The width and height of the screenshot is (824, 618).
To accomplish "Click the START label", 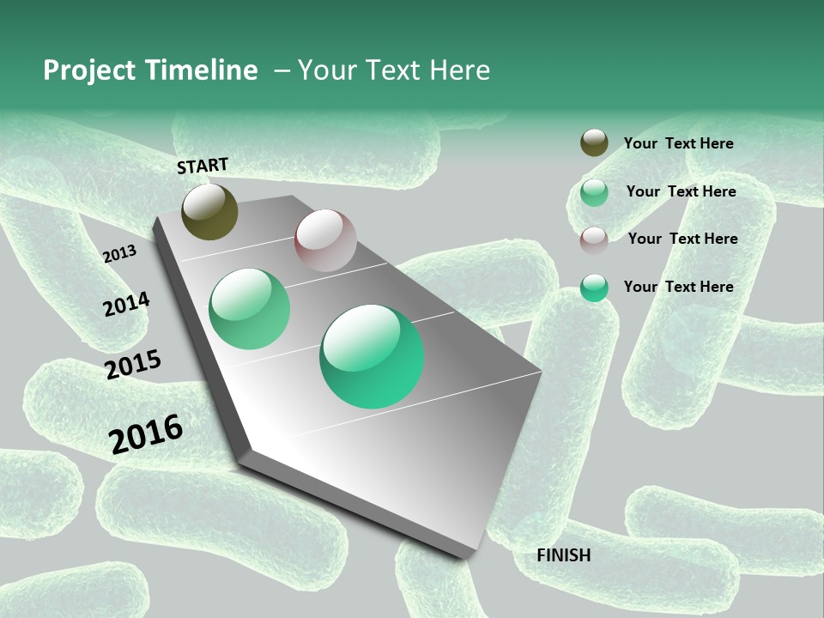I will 203,166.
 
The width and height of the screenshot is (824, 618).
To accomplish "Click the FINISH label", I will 564,555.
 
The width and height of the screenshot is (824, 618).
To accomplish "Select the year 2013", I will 120,253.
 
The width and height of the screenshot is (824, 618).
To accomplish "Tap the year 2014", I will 126,304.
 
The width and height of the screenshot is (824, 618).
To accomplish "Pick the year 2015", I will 133,365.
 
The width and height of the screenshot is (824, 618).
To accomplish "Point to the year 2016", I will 146,433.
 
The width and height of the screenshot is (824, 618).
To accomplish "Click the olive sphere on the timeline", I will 210,212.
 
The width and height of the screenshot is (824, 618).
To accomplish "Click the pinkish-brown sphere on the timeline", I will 325,240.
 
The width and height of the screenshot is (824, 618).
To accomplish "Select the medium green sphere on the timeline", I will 250,309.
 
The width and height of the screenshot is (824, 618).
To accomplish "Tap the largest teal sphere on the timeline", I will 372,356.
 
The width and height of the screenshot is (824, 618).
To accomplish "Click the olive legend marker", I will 594,143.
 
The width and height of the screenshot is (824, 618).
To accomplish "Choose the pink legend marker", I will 594,240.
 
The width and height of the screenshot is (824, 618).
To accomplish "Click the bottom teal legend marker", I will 594,288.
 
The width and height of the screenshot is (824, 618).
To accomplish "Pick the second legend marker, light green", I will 594,192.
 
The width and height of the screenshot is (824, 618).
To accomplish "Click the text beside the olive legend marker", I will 678,143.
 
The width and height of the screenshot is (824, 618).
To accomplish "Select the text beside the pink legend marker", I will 682,239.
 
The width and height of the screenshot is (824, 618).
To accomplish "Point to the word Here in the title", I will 459,70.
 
